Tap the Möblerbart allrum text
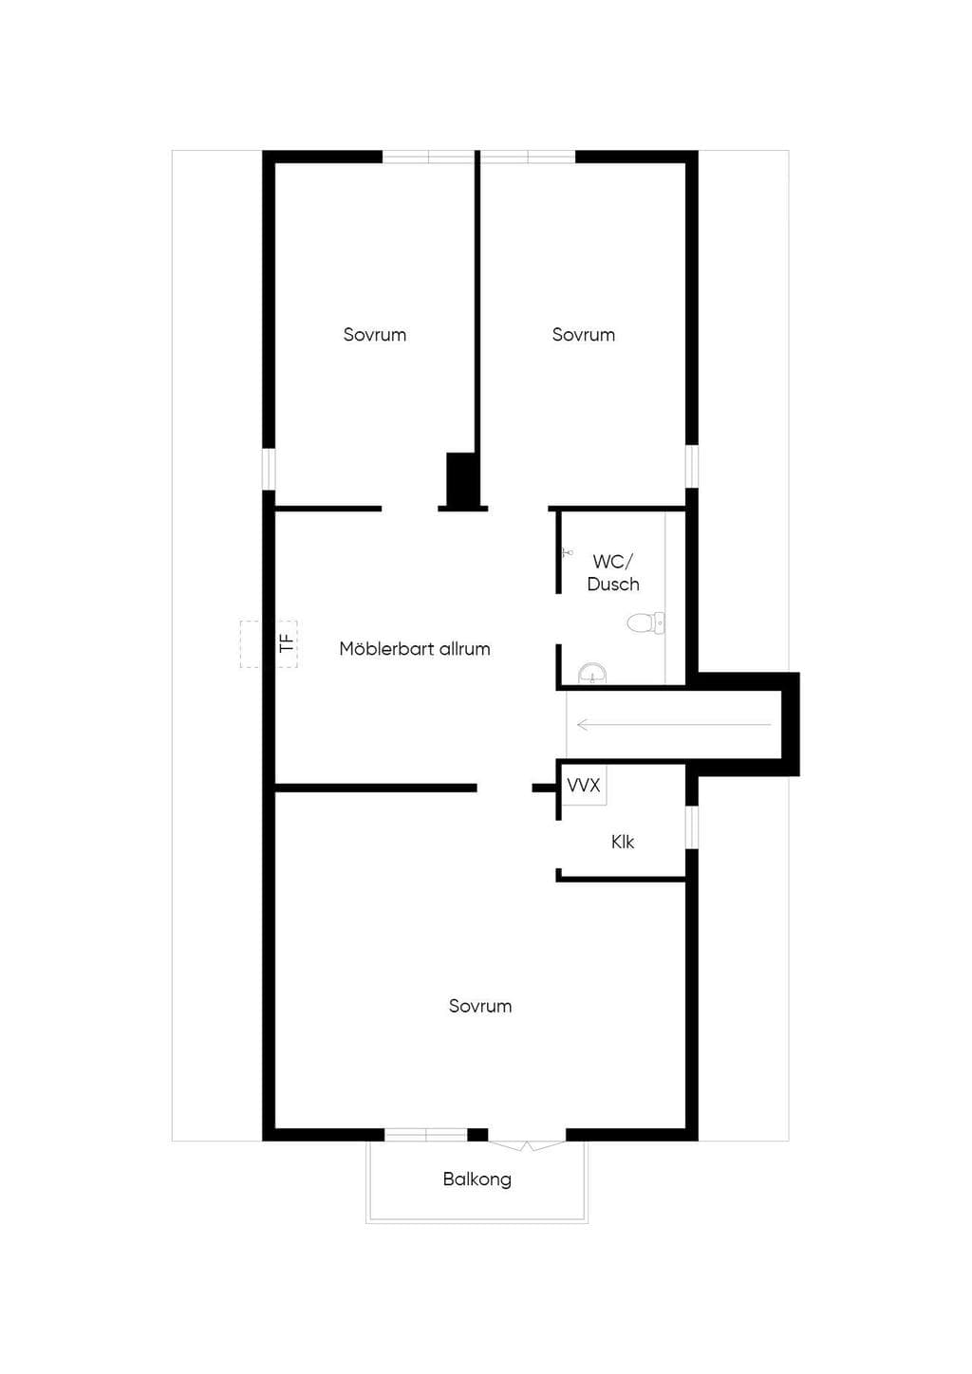415,649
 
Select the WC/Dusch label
613,572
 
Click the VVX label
584,785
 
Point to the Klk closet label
623,843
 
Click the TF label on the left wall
286,643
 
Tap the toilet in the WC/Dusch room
646,623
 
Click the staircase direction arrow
674,725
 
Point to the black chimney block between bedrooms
461,480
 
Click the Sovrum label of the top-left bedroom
374,335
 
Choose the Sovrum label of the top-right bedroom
583,335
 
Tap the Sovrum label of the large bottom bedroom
480,1007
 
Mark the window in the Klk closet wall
692,827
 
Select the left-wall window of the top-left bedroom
269,470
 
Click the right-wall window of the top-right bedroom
692,467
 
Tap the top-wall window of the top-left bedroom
429,157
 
